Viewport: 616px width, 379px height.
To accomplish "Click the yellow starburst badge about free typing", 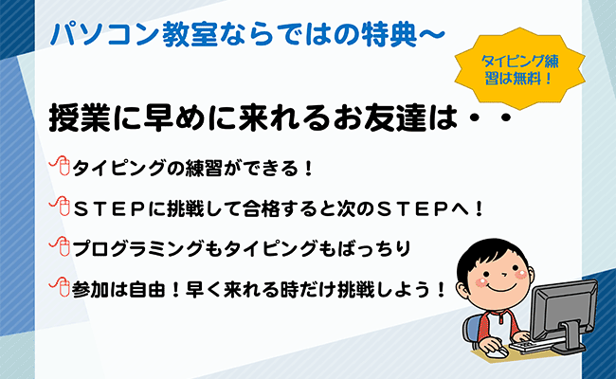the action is coord(519,69).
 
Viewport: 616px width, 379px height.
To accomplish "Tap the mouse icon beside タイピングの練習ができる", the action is coord(60,166).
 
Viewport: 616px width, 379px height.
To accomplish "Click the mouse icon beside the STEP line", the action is coord(60,206).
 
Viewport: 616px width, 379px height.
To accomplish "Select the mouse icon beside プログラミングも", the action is coord(60,246).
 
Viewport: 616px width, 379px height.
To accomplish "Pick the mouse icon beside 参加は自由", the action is coord(60,287).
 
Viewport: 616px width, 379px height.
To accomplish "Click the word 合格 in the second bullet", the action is coord(262,209).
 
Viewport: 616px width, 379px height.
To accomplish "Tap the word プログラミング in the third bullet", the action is coord(138,249).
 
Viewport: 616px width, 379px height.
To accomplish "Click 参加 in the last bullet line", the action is coord(91,289).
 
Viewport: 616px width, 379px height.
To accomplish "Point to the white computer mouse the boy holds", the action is coord(498,352).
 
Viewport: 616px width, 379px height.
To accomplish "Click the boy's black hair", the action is coord(493,252).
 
